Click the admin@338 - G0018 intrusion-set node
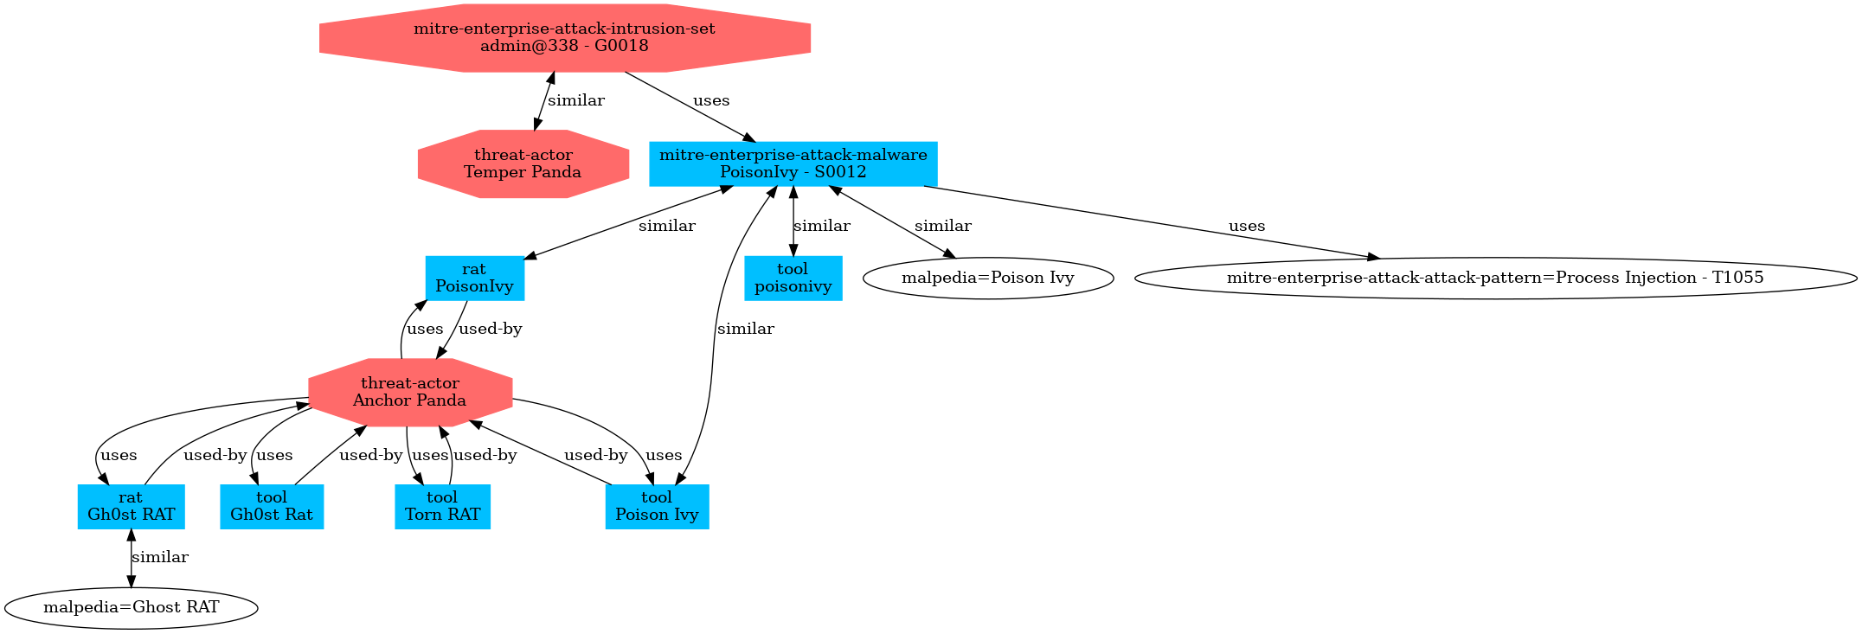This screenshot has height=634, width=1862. click(564, 37)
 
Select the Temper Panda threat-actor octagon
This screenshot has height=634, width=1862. click(523, 163)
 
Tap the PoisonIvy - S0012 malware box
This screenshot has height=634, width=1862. click(793, 163)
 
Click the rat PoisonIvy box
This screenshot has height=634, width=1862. click(474, 278)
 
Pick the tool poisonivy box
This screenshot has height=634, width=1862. click(793, 278)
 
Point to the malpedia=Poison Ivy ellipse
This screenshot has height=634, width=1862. click(987, 278)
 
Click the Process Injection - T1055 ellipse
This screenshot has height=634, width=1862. click(1494, 278)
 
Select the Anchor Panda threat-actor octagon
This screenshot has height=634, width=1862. click(410, 392)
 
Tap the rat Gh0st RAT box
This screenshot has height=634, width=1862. click(131, 506)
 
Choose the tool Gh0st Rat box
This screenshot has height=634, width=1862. click(272, 506)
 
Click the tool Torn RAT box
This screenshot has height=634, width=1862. click(442, 506)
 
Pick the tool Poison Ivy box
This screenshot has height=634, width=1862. click(657, 506)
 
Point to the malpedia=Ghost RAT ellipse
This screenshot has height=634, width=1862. click(131, 607)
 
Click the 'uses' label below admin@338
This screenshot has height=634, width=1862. click(711, 100)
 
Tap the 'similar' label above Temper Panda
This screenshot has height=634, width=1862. click(576, 100)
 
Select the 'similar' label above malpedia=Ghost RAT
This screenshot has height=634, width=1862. click(160, 557)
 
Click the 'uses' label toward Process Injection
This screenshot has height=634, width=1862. click(1247, 226)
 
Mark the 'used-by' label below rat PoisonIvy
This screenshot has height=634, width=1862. click(490, 329)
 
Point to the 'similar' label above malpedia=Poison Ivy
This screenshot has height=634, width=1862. click(942, 226)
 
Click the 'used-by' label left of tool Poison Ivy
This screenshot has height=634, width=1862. click(595, 455)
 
